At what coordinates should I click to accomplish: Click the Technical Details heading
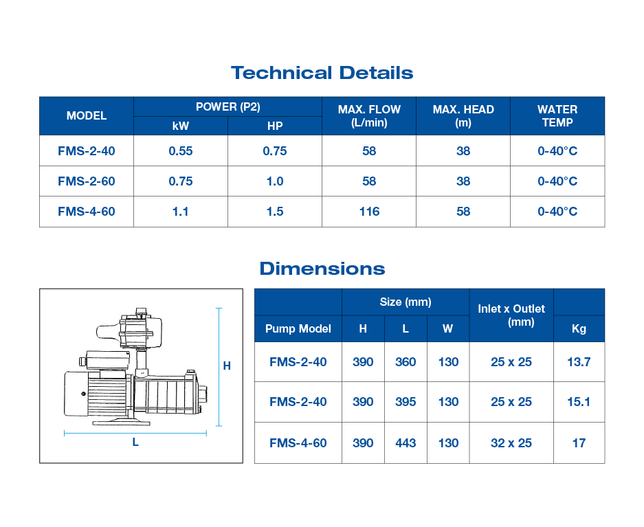[x=322, y=73]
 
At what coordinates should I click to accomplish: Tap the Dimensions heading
[x=322, y=268]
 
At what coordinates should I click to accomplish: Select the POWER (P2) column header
[x=227, y=106]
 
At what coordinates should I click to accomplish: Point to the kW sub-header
[x=180, y=126]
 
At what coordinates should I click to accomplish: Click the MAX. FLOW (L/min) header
[x=369, y=115]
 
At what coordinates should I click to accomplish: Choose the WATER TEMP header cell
[x=557, y=115]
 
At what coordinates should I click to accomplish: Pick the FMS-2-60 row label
[x=87, y=181]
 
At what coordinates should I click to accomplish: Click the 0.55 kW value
[x=180, y=151]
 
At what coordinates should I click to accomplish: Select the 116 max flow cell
[x=369, y=212]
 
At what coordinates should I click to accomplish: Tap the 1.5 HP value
[x=275, y=212]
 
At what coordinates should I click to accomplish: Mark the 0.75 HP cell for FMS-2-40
[x=275, y=151]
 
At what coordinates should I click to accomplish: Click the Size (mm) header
[x=406, y=302]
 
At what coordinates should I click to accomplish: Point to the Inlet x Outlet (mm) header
[x=511, y=315]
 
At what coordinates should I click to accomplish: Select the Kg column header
[x=579, y=328]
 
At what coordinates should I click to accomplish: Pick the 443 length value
[x=406, y=443]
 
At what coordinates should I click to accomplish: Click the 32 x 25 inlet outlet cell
[x=511, y=443]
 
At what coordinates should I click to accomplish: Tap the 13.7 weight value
[x=579, y=362]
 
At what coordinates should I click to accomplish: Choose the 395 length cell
[x=406, y=402]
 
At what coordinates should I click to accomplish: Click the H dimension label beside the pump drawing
[x=227, y=366]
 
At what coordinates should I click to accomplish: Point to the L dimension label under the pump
[x=135, y=442]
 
